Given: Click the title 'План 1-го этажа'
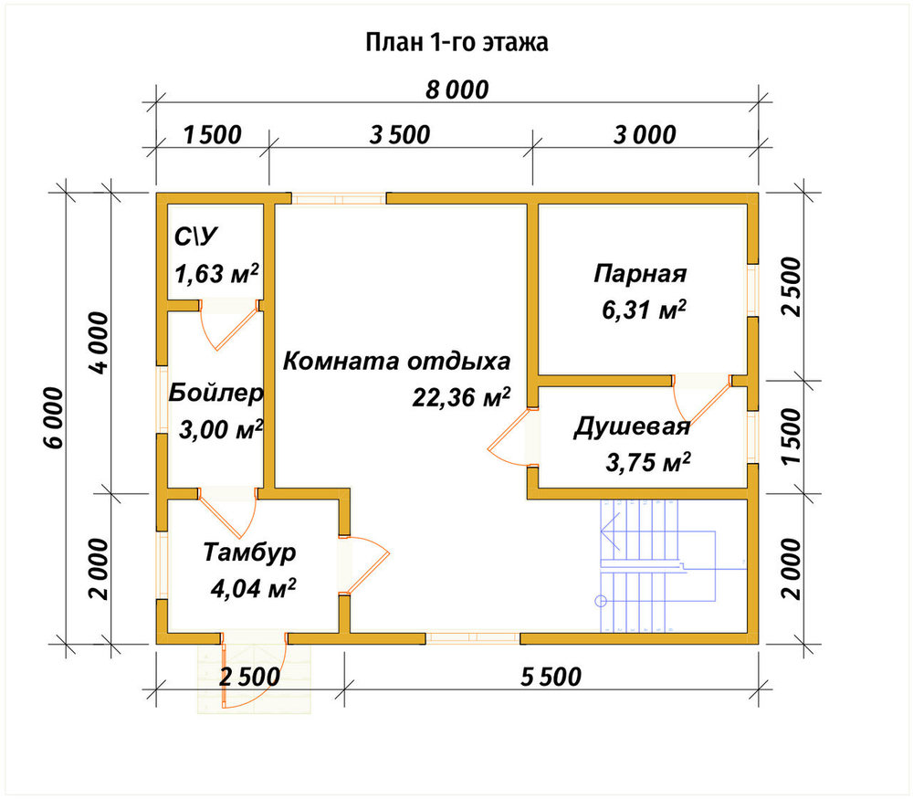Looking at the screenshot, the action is [456, 43].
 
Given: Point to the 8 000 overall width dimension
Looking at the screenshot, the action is [457, 90].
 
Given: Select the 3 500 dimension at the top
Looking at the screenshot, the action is [400, 135].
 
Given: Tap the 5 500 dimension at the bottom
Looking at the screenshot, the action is [551, 677].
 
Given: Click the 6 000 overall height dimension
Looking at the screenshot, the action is [53, 417].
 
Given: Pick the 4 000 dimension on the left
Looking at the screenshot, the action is [99, 343].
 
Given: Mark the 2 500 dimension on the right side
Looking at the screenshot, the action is [792, 287].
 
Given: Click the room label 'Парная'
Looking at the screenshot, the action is [640, 273].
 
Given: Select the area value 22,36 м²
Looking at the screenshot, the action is [461, 397].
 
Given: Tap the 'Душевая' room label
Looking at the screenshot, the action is [632, 426].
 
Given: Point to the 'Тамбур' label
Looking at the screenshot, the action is [249, 552].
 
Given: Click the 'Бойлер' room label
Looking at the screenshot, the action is [215, 394].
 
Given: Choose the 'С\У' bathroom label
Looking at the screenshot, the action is [195, 237].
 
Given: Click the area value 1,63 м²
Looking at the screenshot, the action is [216, 273].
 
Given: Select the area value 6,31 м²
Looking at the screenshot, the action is [644, 310].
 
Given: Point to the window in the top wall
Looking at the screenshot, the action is [339, 198].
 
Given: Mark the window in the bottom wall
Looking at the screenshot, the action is [473, 638].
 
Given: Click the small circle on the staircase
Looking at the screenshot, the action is [601, 601].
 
